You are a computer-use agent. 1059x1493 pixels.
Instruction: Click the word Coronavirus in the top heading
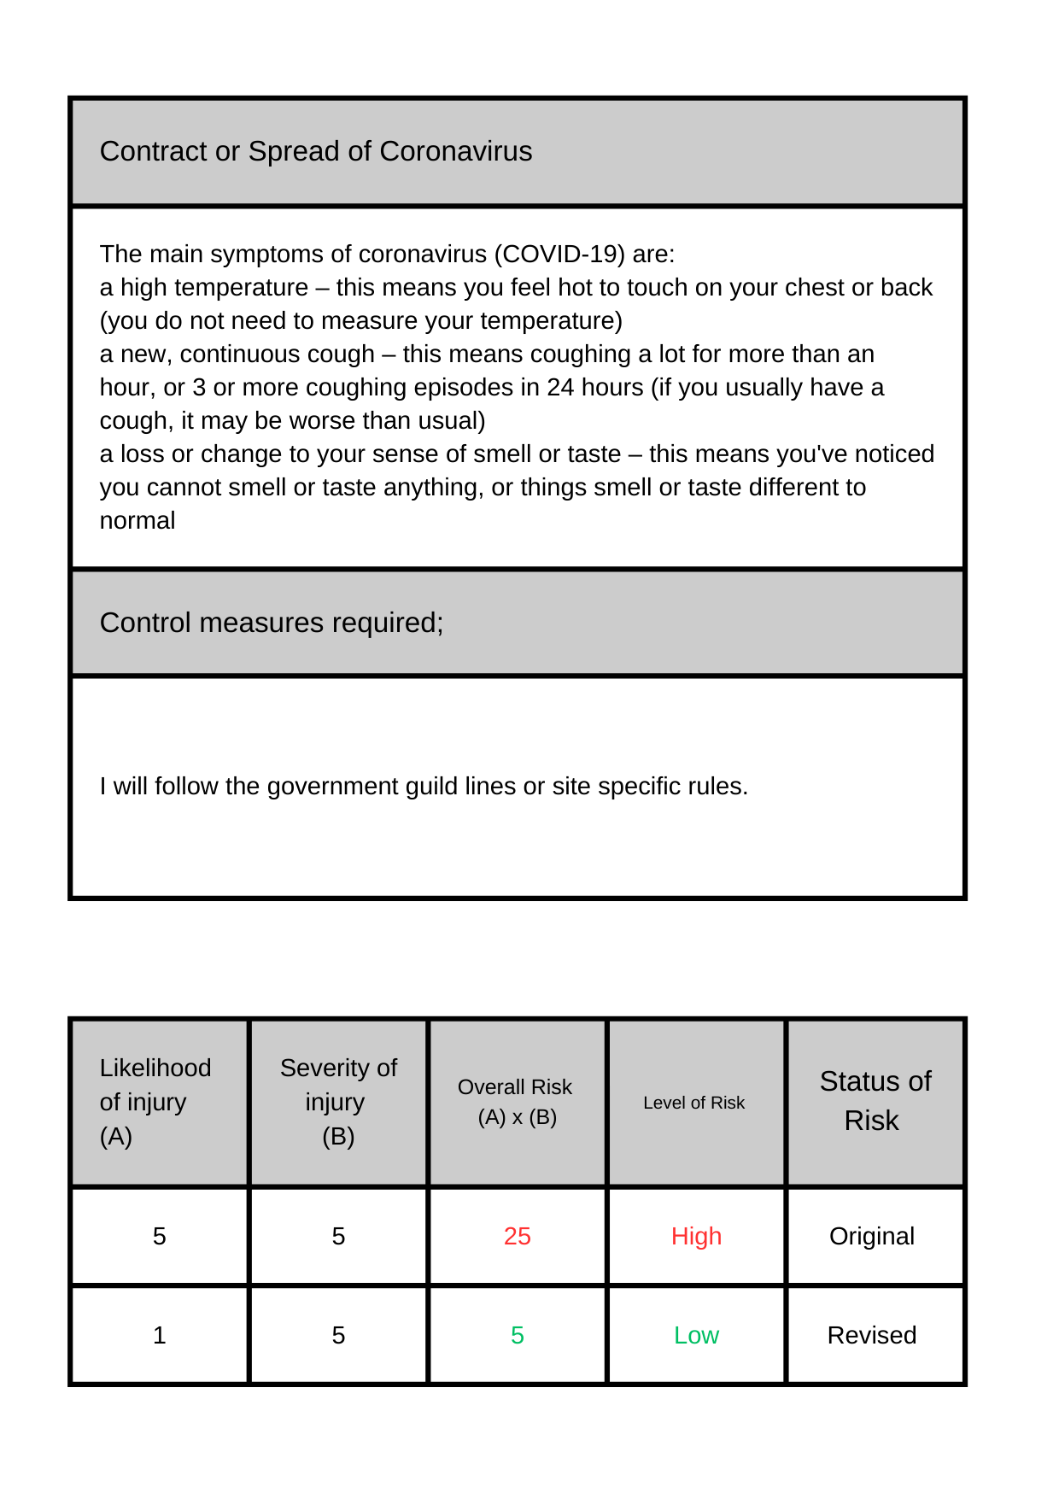[x=455, y=151]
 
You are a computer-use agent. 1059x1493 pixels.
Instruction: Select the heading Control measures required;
[x=272, y=623]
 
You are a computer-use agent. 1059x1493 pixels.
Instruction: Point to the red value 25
[x=517, y=1236]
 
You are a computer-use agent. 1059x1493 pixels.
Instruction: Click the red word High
[x=696, y=1236]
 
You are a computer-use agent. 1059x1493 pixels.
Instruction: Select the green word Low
[x=696, y=1335]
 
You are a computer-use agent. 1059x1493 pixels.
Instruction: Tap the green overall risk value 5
[x=517, y=1335]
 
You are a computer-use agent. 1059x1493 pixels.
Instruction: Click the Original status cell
[x=872, y=1236]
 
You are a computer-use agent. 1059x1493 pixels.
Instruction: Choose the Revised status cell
[x=872, y=1335]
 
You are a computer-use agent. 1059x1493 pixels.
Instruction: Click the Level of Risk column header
[x=693, y=1103]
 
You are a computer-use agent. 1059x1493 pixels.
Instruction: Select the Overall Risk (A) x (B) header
[x=516, y=1102]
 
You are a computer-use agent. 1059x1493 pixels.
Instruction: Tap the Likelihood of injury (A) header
[x=155, y=1102]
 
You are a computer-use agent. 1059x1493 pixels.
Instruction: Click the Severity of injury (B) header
[x=338, y=1102]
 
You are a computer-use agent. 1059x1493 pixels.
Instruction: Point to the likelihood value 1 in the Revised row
[x=159, y=1335]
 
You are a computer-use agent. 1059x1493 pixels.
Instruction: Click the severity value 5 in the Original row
[x=338, y=1236]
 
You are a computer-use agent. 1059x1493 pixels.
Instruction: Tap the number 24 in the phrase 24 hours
[x=560, y=388]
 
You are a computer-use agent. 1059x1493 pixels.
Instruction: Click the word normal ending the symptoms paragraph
[x=137, y=521]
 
